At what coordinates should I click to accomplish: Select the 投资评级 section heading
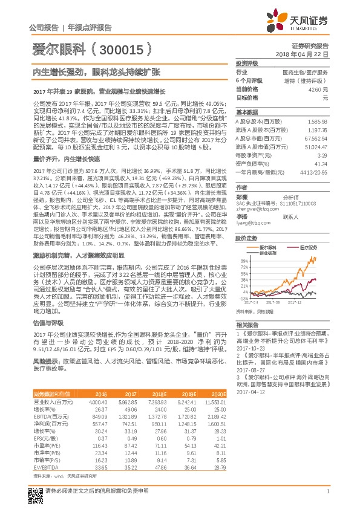tap(247, 63)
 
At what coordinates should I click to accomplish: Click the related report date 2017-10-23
tap(249, 349)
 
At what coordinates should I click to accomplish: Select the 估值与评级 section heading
tap(44, 323)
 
